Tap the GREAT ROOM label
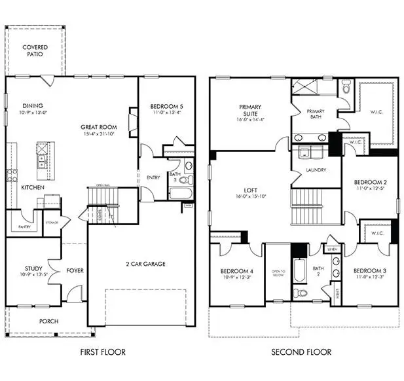point(99,127)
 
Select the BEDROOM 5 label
point(166,106)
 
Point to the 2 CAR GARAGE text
point(145,264)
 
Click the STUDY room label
point(33,268)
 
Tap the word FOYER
point(75,270)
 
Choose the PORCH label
point(49,321)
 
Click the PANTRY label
point(16,227)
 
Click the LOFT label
point(249,191)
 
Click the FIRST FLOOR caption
point(103,352)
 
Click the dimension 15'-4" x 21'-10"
point(98,134)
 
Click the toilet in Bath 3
point(184,179)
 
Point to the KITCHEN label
point(32,187)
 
